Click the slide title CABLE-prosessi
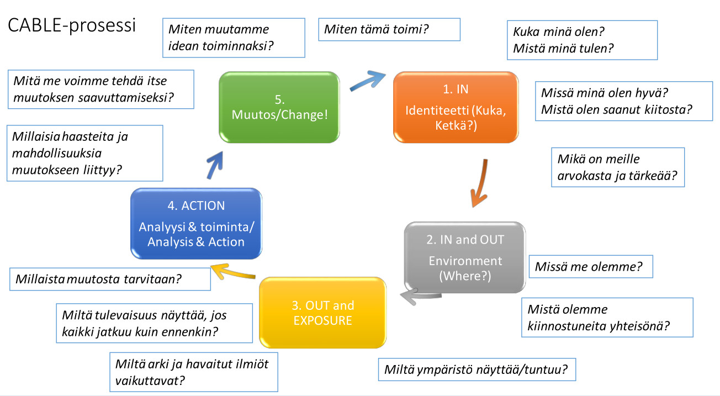pyautogui.click(x=72, y=26)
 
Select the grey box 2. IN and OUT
pyautogui.click(x=465, y=257)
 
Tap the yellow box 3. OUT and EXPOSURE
pyautogui.click(x=322, y=313)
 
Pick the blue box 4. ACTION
pyautogui.click(x=195, y=223)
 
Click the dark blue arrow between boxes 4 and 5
pyautogui.click(x=214, y=165)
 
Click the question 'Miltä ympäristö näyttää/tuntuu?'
pyautogui.click(x=477, y=369)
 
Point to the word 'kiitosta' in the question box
pyautogui.click(x=660, y=109)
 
